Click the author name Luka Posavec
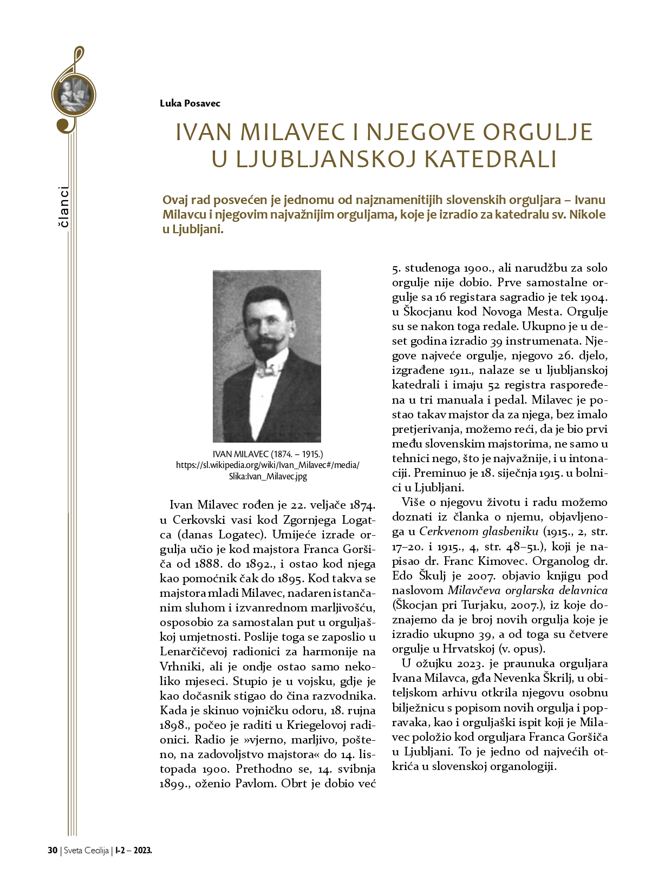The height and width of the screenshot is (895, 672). (190, 103)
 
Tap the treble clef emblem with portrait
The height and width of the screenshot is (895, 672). (73, 95)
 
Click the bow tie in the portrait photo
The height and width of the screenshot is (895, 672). (269, 371)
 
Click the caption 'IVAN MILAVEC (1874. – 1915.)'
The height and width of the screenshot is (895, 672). (268, 454)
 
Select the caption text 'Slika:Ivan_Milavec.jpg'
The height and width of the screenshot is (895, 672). (268, 477)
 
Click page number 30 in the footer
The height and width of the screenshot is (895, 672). (53, 850)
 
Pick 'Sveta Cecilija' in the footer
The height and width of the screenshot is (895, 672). (87, 850)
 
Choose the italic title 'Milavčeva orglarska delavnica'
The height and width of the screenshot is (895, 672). (527, 590)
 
